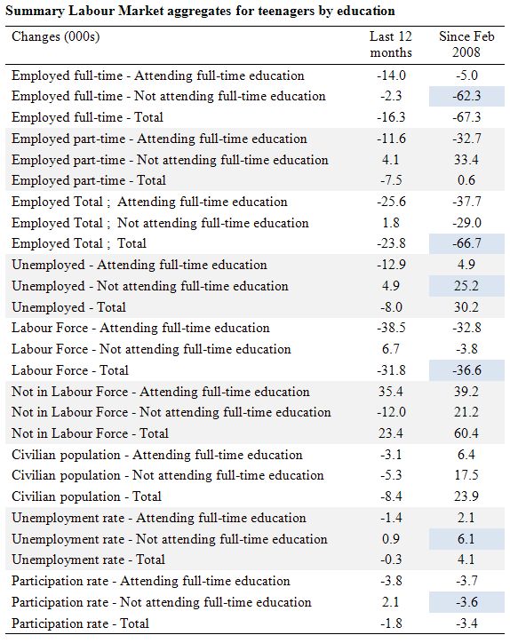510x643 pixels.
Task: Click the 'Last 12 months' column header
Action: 391,44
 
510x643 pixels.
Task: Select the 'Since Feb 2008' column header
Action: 466,44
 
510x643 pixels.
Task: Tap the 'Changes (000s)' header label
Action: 56,37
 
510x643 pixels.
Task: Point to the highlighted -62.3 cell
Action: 466,96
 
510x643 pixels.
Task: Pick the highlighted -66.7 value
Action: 466,243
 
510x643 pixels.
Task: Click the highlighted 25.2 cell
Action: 466,285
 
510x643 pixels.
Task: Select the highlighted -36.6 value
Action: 466,369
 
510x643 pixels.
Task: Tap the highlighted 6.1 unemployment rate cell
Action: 466,538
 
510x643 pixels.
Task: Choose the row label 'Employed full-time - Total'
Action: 87,117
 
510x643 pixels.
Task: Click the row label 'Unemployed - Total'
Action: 68,307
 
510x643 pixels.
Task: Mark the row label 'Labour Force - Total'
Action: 70,370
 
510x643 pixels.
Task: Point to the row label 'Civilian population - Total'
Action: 86,496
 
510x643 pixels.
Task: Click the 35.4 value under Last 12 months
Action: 391,391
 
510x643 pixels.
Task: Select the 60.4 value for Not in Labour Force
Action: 466,433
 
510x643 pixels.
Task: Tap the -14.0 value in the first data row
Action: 391,75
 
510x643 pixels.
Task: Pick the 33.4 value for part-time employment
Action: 466,160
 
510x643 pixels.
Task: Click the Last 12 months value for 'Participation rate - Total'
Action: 391,623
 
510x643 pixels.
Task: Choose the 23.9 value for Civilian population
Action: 466,496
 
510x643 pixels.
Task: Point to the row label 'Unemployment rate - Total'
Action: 88,560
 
